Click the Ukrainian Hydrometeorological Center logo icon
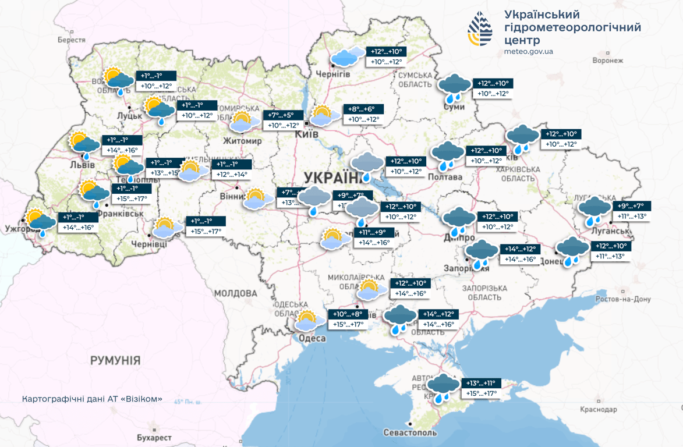[480, 29]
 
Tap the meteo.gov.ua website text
[528, 51]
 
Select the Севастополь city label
[410, 433]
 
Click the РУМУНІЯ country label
[115, 360]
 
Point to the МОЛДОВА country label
[235, 293]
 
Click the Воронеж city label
[607, 61]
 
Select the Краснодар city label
[598, 410]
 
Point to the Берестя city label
[71, 40]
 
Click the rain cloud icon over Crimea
[443, 388]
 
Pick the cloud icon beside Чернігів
[348, 56]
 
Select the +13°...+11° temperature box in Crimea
[481, 383]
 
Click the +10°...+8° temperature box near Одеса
[348, 314]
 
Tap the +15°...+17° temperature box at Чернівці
[207, 231]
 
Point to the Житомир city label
[243, 141]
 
